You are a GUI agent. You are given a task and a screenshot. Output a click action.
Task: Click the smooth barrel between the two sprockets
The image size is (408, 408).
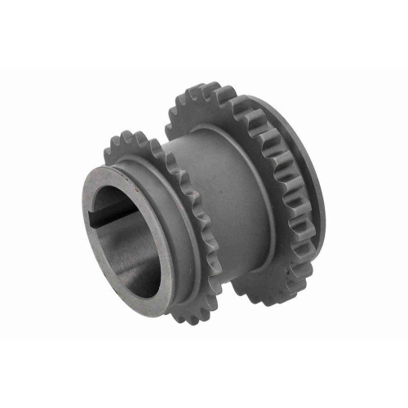pos(216,188)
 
